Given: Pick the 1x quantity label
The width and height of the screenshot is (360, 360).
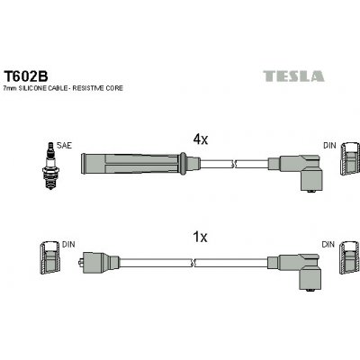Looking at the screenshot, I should tap(201, 238).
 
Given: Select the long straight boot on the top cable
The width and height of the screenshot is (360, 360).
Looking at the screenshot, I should tap(134, 164).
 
